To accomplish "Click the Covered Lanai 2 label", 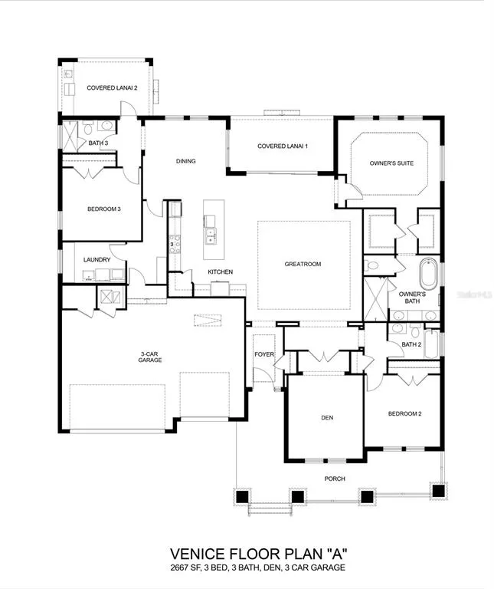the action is point(112,88).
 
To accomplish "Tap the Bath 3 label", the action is point(98,143).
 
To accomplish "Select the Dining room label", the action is point(185,161).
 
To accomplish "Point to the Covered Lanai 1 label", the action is point(283,146).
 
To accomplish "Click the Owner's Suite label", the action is point(391,163).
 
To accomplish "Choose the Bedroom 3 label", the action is point(104,209).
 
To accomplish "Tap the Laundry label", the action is point(97,259).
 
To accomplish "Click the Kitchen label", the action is point(220,271).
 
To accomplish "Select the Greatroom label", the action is point(303,264).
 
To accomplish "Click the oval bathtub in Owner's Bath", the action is point(429,274).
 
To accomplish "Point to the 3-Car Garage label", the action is point(150,357).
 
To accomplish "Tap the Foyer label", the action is point(264,354).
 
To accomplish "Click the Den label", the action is point(327,418).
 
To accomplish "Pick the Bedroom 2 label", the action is point(404,413).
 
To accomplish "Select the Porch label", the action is point(335,479).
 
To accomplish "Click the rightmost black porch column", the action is point(438,491).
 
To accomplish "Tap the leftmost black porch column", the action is point(242,497).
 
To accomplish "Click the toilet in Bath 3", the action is point(88,129).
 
